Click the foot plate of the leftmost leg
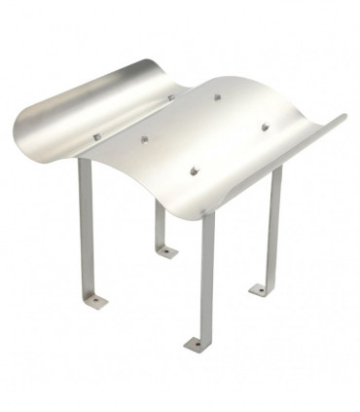(98, 300)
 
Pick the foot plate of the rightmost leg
(259, 289)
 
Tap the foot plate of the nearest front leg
(193, 344)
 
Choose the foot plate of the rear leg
(166, 252)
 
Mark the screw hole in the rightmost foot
(258, 289)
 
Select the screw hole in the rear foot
(167, 252)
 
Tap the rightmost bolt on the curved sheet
(263, 127)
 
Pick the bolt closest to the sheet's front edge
(194, 171)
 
